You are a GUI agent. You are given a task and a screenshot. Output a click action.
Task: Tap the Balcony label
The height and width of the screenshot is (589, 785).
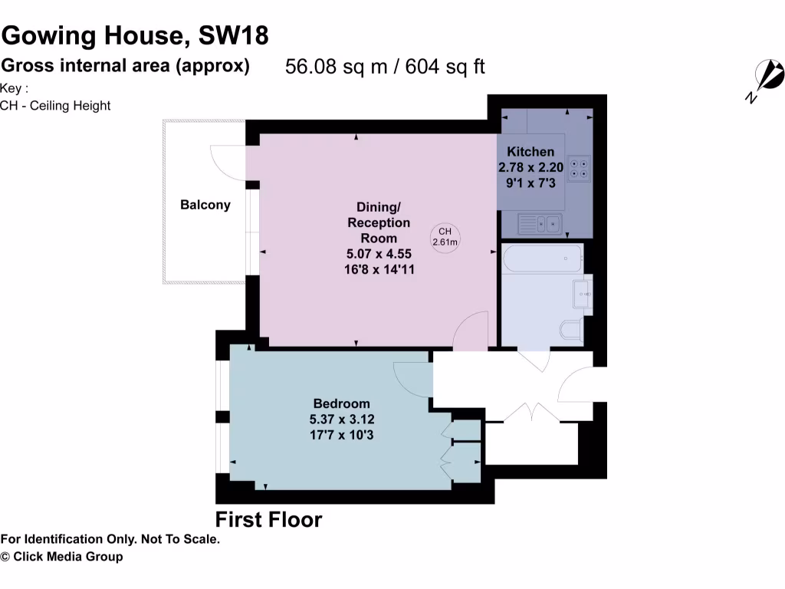(205, 205)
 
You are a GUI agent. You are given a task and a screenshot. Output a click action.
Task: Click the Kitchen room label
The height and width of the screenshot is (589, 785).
(530, 152)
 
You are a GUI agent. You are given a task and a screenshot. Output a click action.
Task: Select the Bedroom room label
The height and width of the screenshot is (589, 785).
(341, 403)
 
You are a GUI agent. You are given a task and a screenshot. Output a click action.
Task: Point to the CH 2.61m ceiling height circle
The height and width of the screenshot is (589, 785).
(445, 237)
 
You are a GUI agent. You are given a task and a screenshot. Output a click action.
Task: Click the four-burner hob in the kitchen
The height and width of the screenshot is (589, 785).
(579, 167)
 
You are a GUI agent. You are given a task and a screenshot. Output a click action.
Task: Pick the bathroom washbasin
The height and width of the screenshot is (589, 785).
(583, 292)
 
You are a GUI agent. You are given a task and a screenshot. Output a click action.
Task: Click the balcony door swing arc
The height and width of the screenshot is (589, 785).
(227, 163)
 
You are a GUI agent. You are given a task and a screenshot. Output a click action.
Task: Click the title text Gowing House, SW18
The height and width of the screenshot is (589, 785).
(135, 36)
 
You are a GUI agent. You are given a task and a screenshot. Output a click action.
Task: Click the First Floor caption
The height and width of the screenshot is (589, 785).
(268, 519)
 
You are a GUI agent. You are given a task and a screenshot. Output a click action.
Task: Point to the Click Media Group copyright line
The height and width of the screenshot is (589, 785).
(61, 557)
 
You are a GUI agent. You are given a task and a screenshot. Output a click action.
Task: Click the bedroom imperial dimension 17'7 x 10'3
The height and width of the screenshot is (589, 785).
(341, 435)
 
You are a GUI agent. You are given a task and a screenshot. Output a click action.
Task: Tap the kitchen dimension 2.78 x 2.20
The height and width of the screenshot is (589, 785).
(530, 167)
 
